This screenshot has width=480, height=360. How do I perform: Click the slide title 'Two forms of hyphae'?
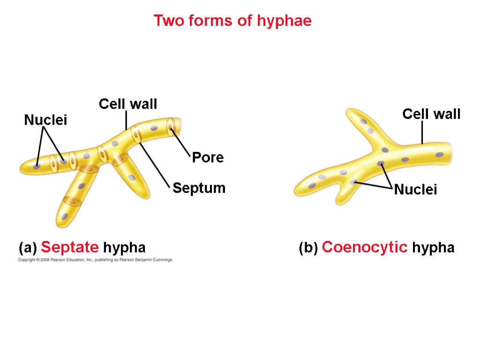232,21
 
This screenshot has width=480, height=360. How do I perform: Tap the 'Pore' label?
208,158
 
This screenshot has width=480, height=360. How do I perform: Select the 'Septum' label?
199,188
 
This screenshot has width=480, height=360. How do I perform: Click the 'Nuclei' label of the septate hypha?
45,120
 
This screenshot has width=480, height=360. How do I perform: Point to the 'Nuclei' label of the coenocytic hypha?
415,190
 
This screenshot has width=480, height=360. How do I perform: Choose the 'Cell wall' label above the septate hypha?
127,104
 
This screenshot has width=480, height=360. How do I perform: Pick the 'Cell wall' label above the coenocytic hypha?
431,114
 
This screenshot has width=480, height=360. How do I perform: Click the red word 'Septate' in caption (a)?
70,247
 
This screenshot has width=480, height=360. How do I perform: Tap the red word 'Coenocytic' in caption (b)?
365,247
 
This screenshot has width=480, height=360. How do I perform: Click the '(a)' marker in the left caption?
28,247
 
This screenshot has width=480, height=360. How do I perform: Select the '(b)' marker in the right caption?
308,247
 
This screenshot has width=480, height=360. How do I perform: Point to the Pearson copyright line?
96,260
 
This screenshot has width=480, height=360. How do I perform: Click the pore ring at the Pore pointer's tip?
172,127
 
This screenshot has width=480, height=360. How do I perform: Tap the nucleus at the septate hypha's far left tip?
37,165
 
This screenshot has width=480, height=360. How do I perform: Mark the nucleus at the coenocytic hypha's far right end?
439,155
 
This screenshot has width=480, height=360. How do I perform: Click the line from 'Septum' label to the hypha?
155,164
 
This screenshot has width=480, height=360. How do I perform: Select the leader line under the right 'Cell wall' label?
422,133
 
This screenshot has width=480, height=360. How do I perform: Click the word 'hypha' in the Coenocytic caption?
433,247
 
